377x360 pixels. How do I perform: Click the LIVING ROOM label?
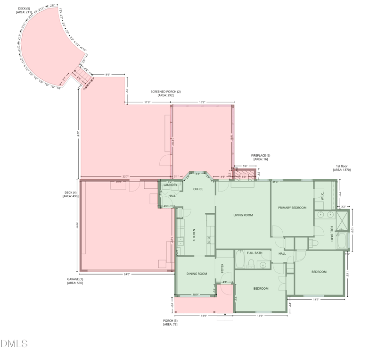(243, 215)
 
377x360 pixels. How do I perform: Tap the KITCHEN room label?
(194, 235)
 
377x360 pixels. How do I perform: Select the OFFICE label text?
(198, 189)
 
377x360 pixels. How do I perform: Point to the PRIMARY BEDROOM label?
(292, 208)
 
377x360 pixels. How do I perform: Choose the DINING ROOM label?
(197, 274)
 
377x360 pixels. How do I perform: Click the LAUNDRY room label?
(170, 185)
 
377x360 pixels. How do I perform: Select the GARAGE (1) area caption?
(75, 281)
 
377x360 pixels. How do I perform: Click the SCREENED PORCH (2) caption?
(165, 93)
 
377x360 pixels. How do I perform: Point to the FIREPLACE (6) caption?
(261, 157)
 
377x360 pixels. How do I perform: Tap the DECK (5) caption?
(24, 10)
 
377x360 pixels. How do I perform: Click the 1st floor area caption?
(342, 168)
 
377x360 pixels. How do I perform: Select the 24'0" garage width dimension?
(127, 274)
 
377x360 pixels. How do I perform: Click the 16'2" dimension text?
(202, 102)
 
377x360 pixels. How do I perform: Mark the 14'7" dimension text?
(316, 299)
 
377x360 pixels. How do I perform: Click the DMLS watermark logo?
(14, 343)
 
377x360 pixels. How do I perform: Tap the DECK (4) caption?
(71, 194)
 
